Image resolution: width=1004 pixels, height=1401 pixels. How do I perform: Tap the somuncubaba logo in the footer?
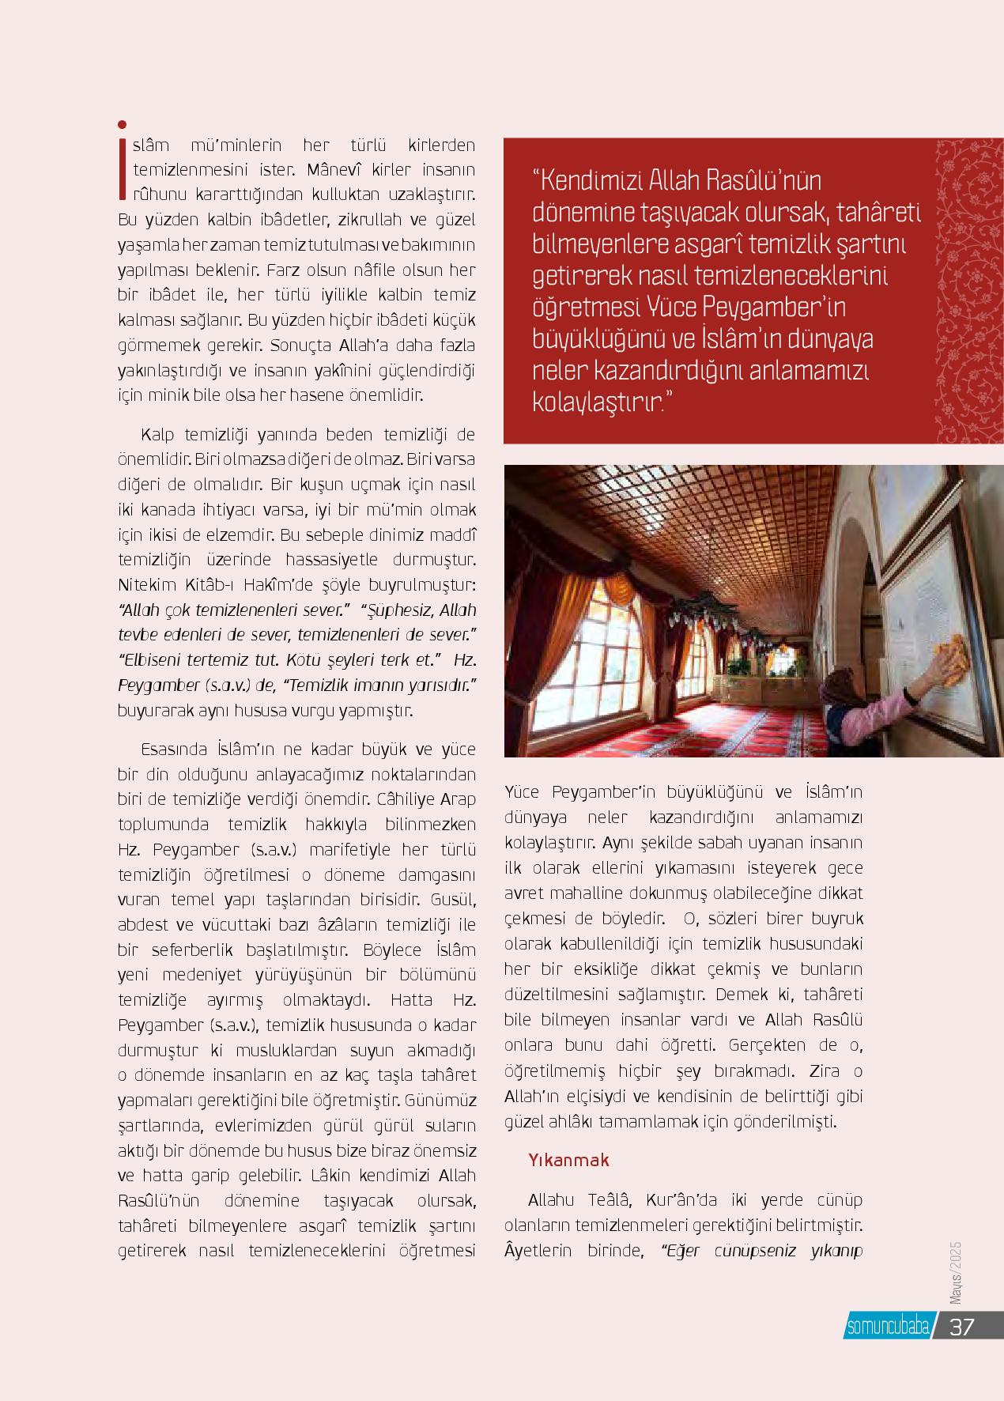tap(888, 1326)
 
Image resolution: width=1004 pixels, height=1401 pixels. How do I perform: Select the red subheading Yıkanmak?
tap(569, 1160)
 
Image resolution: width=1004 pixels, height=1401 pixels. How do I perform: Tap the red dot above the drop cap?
tap(122, 124)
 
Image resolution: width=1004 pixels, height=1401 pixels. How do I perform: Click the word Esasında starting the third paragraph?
tap(173, 749)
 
